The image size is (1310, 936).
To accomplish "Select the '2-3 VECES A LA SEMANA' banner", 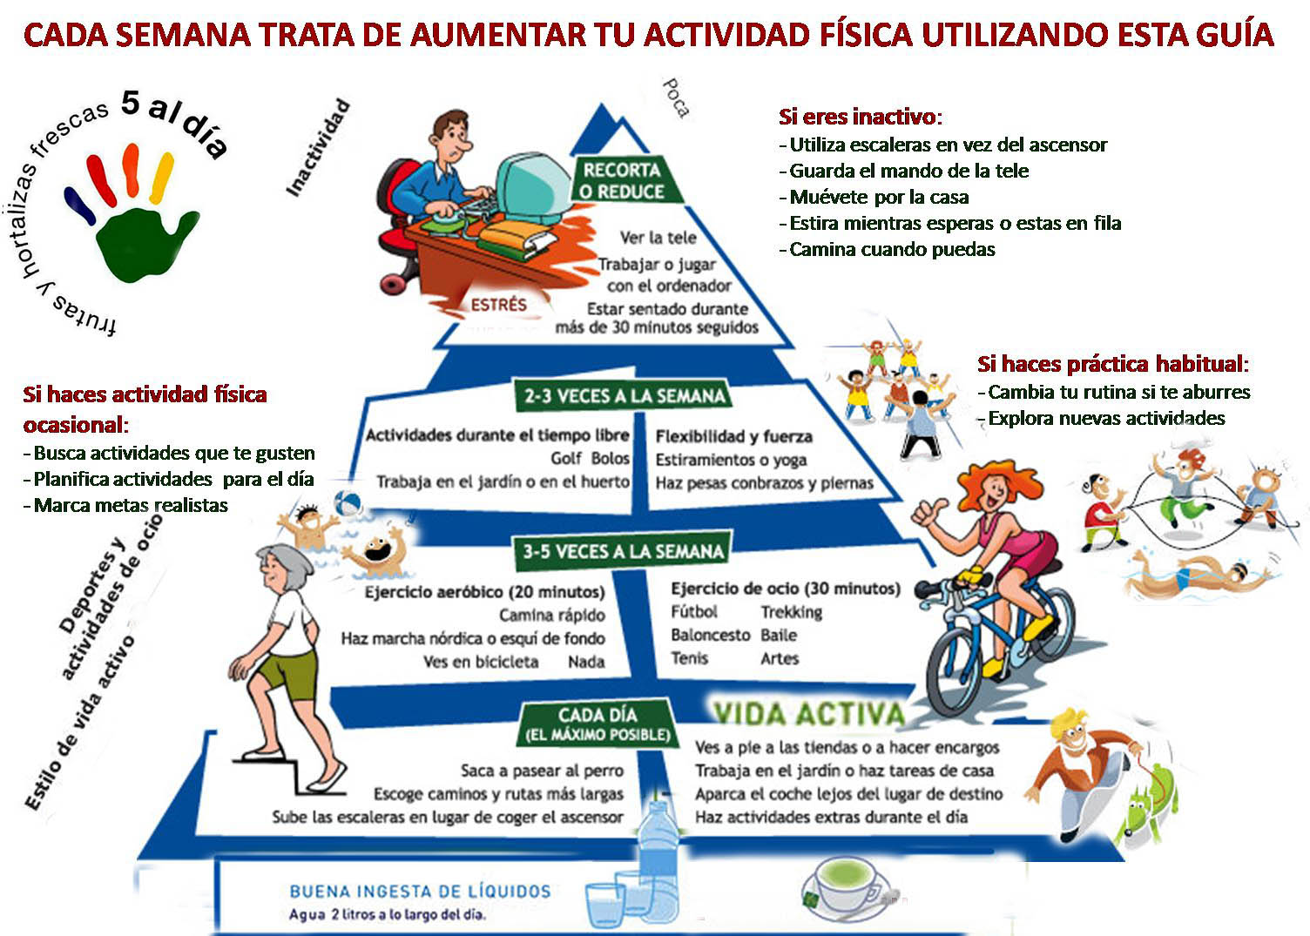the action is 625,396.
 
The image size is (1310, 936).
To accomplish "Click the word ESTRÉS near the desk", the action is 499,305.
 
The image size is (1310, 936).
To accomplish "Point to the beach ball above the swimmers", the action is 348,502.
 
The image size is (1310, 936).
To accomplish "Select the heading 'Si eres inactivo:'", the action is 860,117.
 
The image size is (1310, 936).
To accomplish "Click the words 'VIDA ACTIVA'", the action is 809,714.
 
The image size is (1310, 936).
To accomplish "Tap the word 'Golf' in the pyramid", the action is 566,458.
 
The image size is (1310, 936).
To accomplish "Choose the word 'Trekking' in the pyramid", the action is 791,612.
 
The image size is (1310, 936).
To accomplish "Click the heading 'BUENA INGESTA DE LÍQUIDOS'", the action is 420,891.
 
